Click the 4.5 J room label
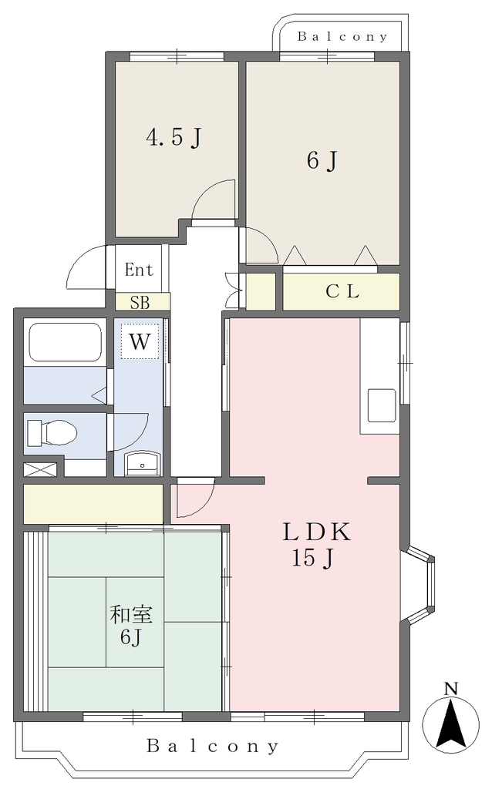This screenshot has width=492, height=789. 174,137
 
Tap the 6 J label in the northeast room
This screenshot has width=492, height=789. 322,161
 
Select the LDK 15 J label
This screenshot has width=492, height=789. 315,545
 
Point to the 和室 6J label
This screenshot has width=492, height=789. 131,626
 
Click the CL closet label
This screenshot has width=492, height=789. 342,291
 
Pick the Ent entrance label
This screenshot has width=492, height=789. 139,270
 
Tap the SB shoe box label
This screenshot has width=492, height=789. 140,303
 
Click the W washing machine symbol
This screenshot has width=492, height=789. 140,341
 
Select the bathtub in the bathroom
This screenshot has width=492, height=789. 65,342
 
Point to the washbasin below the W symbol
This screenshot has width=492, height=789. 143,463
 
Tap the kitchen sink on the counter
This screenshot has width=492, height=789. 381,405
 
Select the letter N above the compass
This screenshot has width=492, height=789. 451,689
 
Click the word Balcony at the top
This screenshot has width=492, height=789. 342,36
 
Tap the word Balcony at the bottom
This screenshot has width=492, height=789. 212,746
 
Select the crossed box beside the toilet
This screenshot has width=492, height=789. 40,470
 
